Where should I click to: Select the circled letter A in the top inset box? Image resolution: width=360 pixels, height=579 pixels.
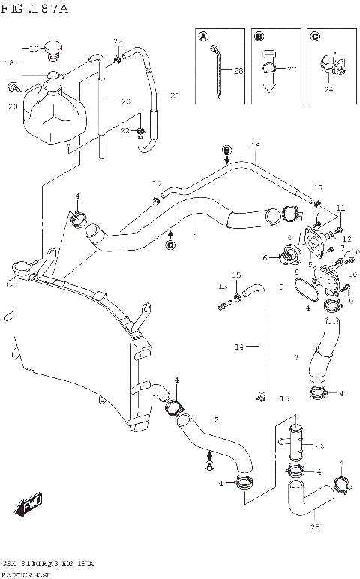[203, 37]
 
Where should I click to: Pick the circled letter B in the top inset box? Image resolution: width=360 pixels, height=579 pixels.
[259, 37]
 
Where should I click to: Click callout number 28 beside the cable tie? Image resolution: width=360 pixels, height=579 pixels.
[238, 71]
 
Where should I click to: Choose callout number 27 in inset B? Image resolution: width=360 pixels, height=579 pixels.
[292, 69]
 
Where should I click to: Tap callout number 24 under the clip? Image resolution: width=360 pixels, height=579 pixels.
[328, 89]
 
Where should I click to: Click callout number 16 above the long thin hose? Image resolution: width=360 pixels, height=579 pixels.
[255, 145]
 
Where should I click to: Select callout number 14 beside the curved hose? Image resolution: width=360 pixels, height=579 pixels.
[239, 346]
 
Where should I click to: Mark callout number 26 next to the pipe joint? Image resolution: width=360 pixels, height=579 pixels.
[318, 445]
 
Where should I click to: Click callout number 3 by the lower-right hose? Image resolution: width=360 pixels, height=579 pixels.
[297, 357]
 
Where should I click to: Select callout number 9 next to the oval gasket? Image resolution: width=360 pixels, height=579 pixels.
[282, 286]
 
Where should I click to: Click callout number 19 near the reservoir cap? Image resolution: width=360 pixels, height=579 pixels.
[34, 49]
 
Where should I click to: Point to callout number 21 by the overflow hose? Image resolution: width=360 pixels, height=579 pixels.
[174, 94]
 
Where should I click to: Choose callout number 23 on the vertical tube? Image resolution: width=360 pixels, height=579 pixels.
[125, 100]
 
